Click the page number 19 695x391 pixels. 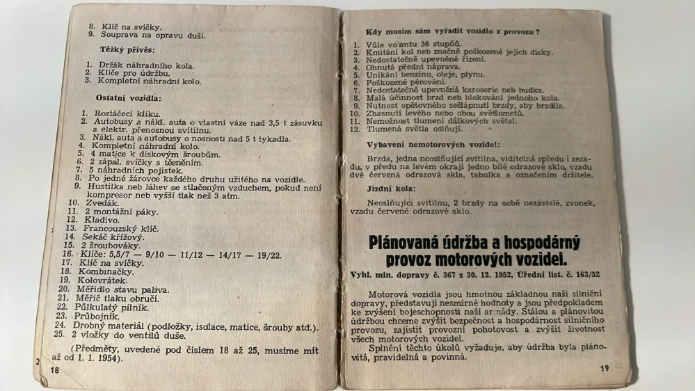[x=603, y=368]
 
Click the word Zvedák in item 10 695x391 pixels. [x=102, y=202]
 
